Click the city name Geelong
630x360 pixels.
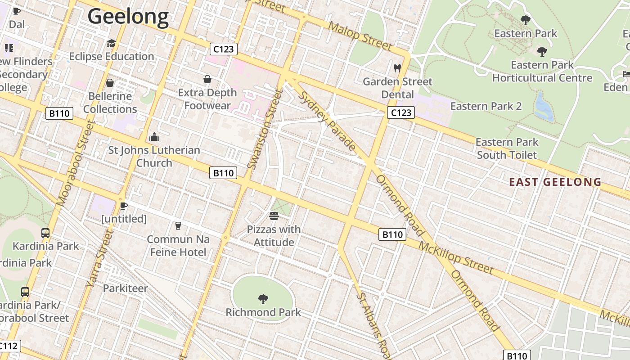(x=128, y=17)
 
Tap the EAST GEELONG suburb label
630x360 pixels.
(x=555, y=182)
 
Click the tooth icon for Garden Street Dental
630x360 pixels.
(x=397, y=68)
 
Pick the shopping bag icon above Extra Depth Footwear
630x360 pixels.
(x=207, y=80)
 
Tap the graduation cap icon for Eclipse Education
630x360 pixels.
(x=111, y=44)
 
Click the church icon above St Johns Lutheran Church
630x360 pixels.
(x=154, y=137)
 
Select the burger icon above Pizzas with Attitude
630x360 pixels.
(x=274, y=216)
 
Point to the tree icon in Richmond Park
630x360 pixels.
(x=263, y=299)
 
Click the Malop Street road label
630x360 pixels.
(x=360, y=35)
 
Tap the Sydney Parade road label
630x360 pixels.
(x=328, y=121)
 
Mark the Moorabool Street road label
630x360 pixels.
(x=75, y=163)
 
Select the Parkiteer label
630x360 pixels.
(x=125, y=288)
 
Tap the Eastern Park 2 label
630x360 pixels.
(x=486, y=106)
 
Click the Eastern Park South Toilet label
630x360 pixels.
(x=507, y=148)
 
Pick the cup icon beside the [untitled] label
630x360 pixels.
(x=124, y=206)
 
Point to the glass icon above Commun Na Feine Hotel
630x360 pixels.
(x=178, y=225)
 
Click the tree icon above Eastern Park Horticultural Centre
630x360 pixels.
(x=542, y=52)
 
